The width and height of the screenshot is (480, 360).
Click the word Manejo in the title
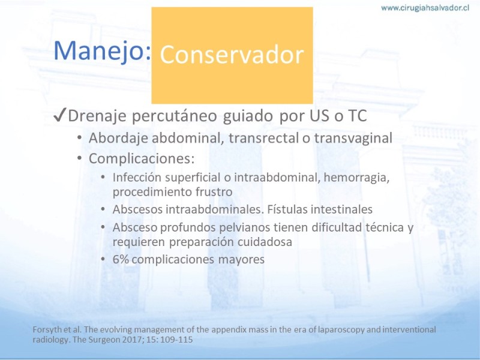(102, 51)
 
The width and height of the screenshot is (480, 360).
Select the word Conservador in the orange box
(232, 55)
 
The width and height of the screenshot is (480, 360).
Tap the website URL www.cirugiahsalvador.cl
(425, 8)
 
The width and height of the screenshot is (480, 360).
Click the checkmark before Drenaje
(59, 116)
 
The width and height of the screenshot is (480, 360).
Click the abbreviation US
(320, 116)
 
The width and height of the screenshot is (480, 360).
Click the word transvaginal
(353, 139)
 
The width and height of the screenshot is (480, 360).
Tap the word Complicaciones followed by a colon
(142, 158)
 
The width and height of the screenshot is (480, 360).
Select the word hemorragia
(356, 178)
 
